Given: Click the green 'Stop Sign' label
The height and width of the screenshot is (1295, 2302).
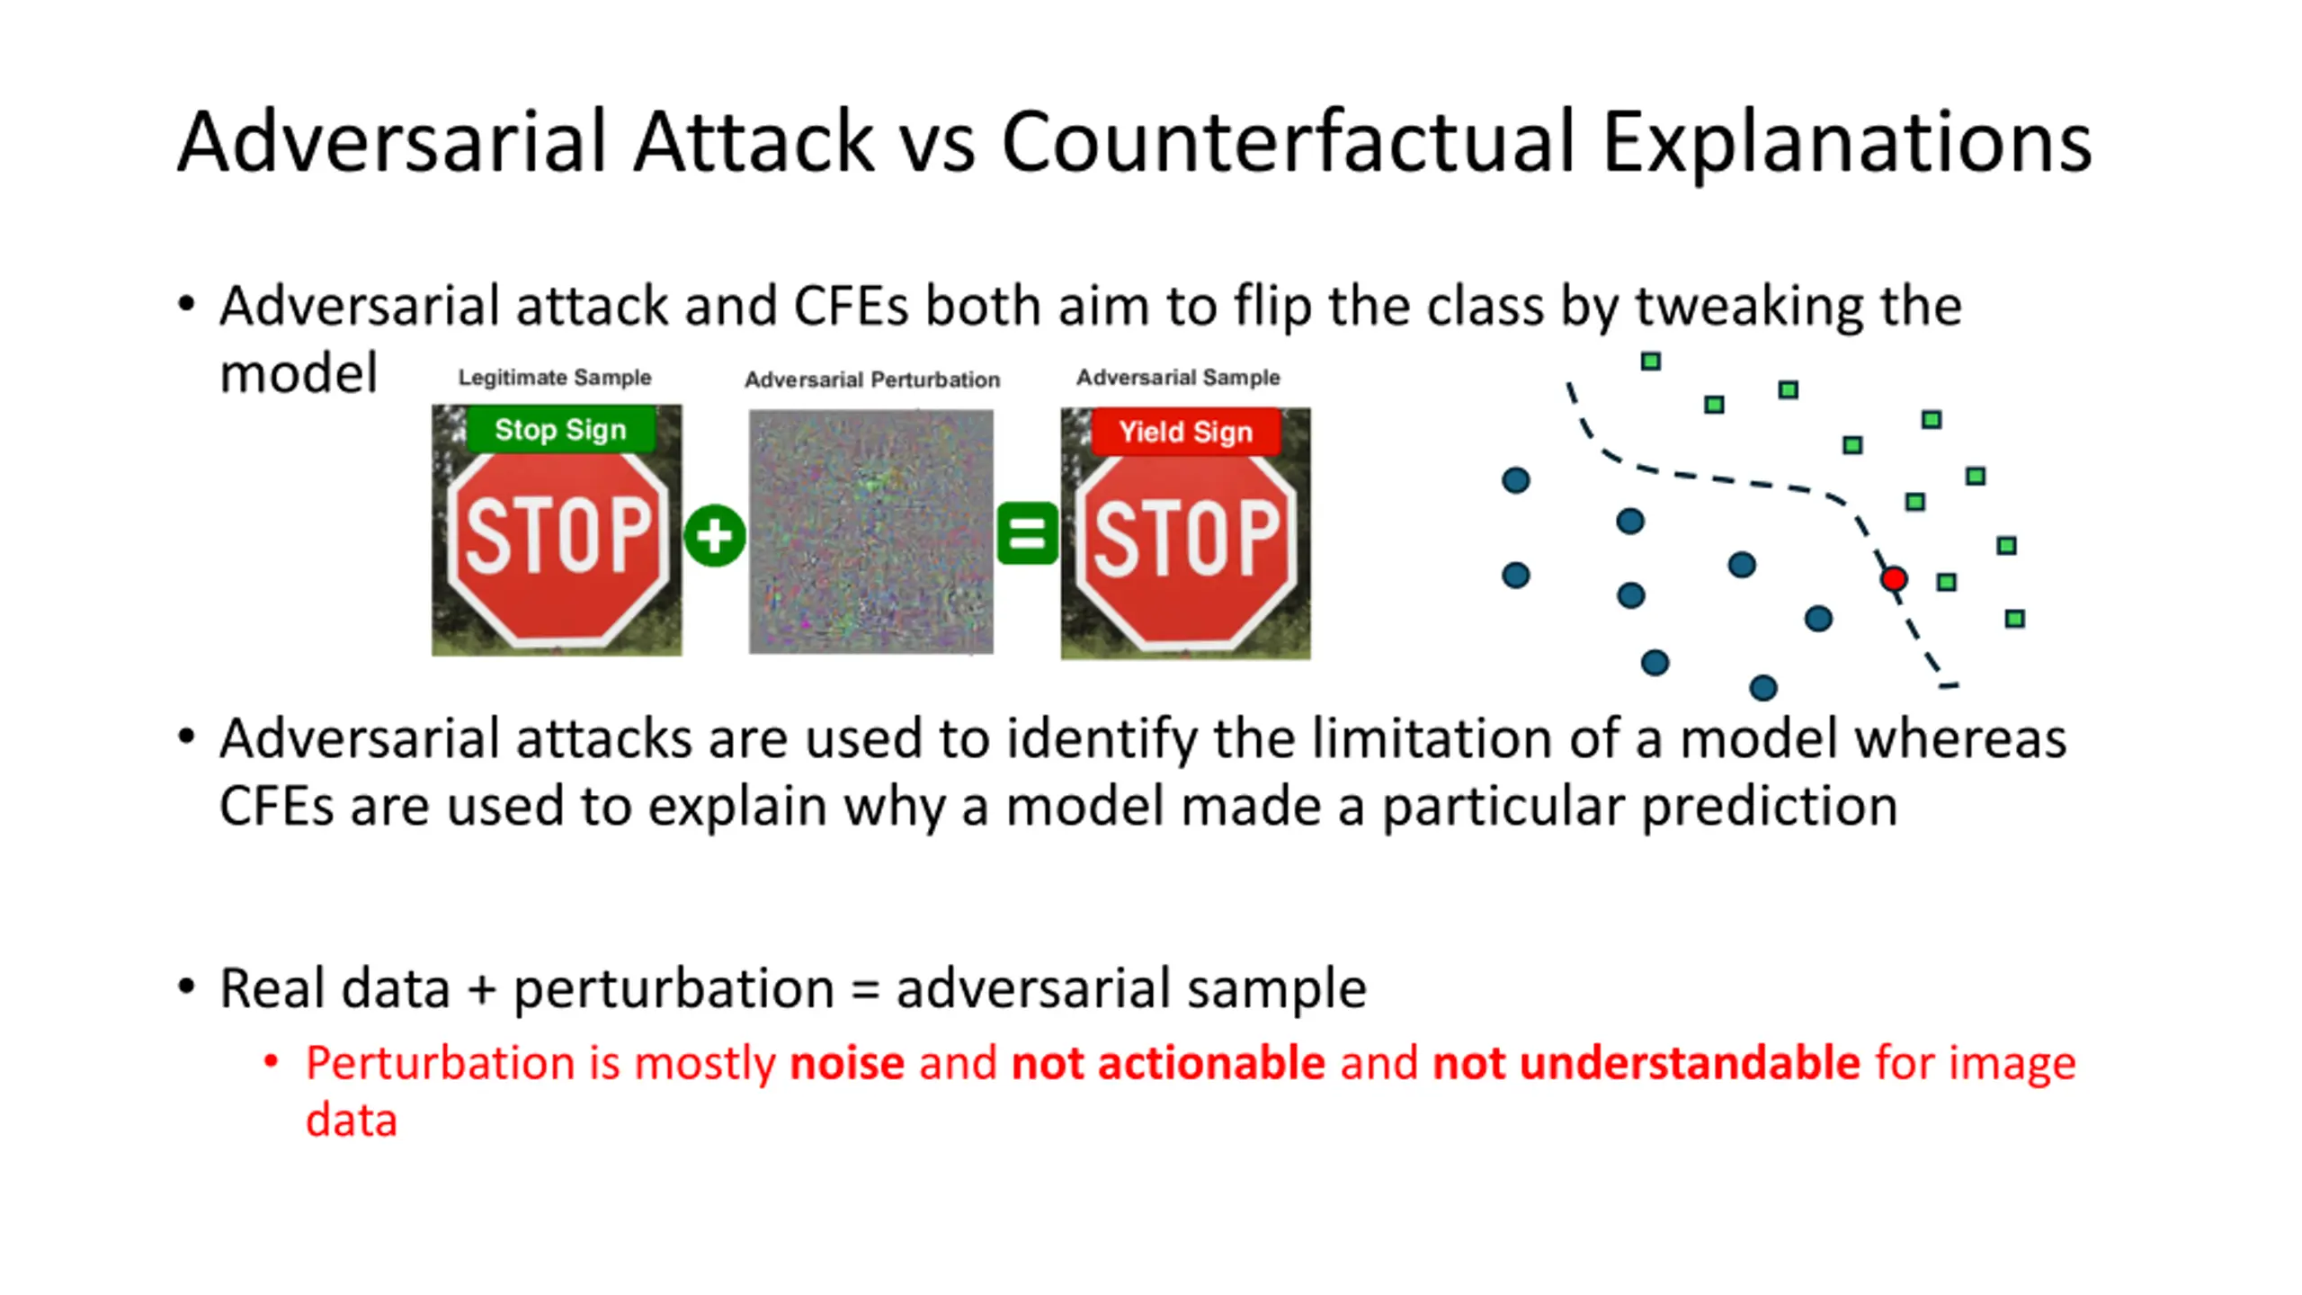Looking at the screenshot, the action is [561, 430].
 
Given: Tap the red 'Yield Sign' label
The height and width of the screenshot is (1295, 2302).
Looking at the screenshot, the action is [1185, 433].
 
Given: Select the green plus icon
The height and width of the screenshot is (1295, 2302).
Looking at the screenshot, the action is [715, 536].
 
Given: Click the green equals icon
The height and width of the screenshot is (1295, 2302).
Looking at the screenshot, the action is [1027, 533].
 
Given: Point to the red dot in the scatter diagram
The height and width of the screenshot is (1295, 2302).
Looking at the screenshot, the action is [1894, 578].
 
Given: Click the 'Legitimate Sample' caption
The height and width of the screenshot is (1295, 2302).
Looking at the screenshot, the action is [555, 378].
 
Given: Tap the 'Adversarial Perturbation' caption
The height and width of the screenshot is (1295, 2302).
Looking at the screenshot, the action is [872, 380].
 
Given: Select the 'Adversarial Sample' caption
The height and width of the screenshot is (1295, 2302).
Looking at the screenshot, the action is [1178, 377].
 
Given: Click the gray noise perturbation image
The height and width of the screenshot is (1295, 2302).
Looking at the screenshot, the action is [871, 531].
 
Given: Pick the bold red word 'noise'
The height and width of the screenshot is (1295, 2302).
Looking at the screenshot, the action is [847, 1063].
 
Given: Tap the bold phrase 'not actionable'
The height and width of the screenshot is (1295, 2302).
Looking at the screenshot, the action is [1168, 1063].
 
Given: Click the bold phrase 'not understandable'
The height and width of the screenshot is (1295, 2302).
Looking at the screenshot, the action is [1646, 1063].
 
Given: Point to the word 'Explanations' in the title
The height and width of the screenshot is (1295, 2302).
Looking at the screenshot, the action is [1847, 143].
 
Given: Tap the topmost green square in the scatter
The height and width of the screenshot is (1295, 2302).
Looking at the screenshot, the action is [1650, 362].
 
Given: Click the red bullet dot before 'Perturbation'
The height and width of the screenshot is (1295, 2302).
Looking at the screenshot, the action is [271, 1062].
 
